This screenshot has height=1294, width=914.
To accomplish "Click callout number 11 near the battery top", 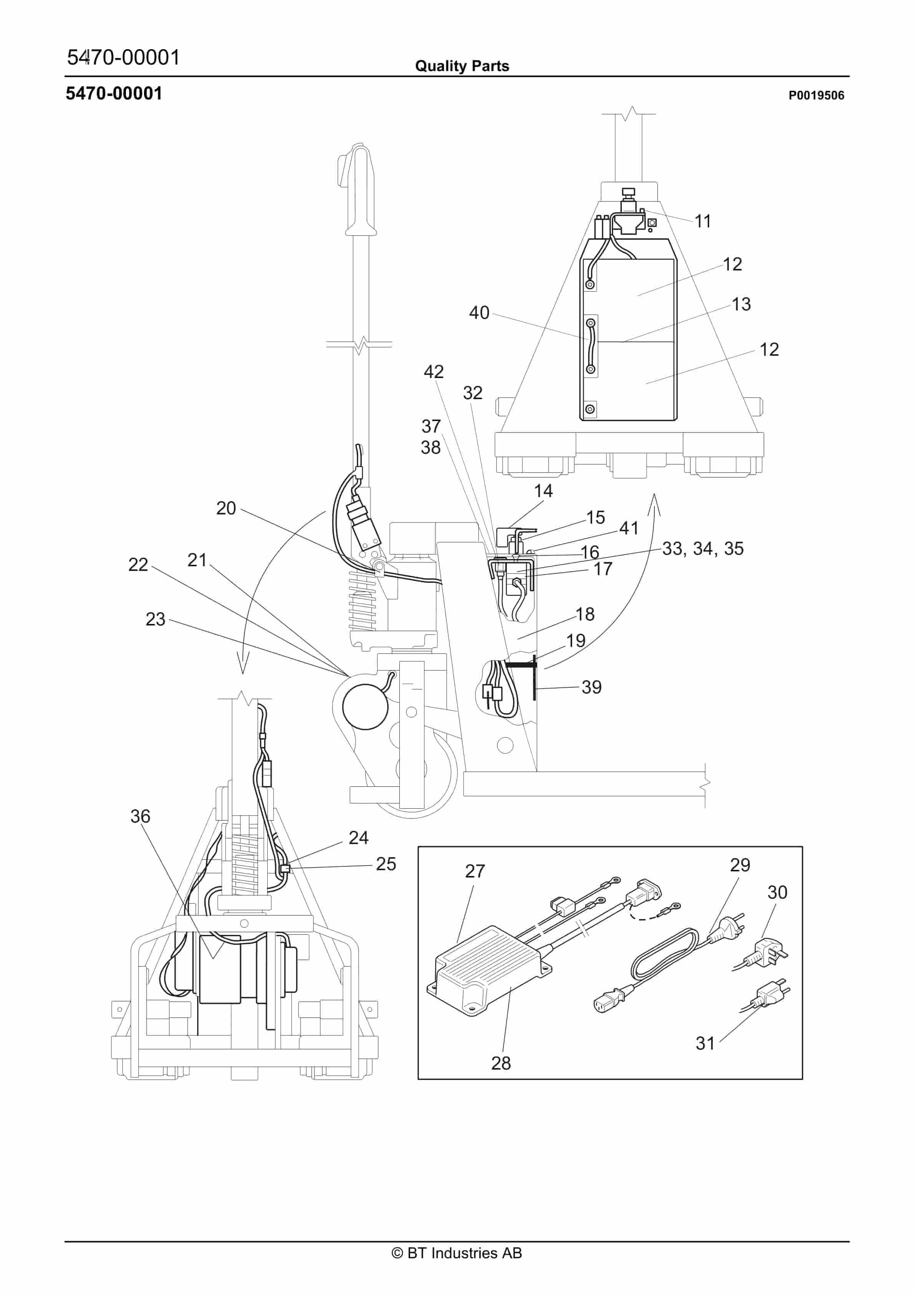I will [702, 221].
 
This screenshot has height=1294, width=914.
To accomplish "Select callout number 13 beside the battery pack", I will [741, 304].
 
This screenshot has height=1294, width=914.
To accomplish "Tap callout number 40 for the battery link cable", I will [479, 313].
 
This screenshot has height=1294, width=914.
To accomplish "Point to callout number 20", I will [226, 508].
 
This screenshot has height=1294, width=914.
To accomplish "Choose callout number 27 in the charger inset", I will [474, 871].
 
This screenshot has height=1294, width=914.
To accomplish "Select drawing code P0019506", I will [815, 95].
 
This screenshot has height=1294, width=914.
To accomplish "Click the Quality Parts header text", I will [462, 66].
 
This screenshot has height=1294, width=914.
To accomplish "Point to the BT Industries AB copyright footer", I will [457, 1253].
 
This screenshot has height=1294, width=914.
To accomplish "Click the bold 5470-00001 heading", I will [114, 94].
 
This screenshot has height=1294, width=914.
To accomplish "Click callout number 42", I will [433, 372].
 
